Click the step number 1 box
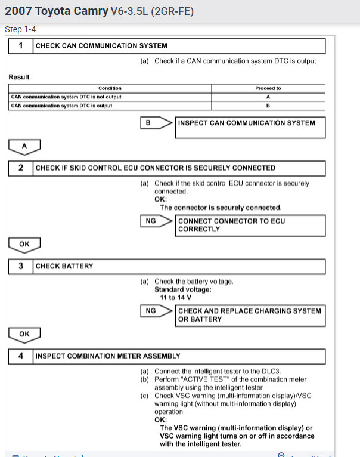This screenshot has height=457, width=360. (x=21, y=46)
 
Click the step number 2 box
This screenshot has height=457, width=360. (x=21, y=168)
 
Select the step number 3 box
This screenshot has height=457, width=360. (x=21, y=266)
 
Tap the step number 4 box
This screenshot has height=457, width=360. (x=21, y=356)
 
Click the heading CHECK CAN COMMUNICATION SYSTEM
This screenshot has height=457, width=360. (x=101, y=46)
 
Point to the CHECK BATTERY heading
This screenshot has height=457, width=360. (x=64, y=266)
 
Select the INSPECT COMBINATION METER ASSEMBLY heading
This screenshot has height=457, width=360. (x=108, y=356)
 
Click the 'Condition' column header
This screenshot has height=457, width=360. (x=110, y=88)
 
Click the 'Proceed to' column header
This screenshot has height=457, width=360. (x=268, y=88)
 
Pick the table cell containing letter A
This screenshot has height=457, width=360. (x=268, y=97)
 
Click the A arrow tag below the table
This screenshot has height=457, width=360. (x=24, y=146)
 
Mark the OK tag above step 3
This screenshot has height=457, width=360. (x=24, y=243)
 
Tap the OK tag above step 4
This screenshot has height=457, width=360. (x=24, y=334)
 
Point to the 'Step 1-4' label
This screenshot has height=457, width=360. (x=20, y=30)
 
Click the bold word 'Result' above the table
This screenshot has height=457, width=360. (x=19, y=77)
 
